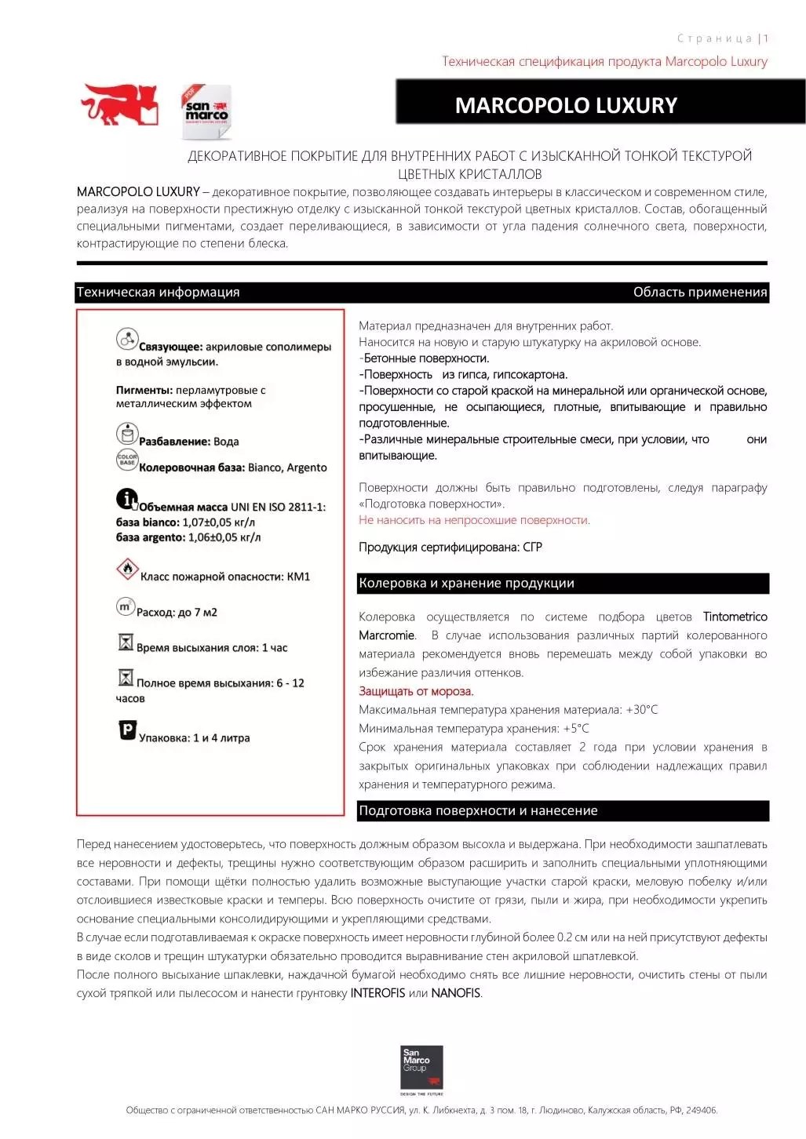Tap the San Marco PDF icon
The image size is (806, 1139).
206,111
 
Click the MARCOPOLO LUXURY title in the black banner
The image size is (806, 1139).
566,105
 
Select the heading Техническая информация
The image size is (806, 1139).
158,293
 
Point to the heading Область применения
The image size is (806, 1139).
699,293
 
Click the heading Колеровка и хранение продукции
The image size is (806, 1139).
466,584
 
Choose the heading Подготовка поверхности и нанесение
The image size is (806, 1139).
478,811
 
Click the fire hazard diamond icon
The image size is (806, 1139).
127,569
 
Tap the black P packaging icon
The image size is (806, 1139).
126,730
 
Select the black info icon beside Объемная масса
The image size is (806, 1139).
126,498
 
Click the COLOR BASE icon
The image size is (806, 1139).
127,460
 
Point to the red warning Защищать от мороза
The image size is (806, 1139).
416,692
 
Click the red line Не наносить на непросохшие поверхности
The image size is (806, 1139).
474,520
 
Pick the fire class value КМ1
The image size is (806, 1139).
299,577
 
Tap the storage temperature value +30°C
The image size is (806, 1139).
641,710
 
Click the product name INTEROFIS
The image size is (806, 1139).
377,993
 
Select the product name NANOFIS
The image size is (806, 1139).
456,993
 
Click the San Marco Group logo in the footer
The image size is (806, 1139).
421,1068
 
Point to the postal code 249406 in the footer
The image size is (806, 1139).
700,1111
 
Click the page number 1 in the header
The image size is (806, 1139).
765,38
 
